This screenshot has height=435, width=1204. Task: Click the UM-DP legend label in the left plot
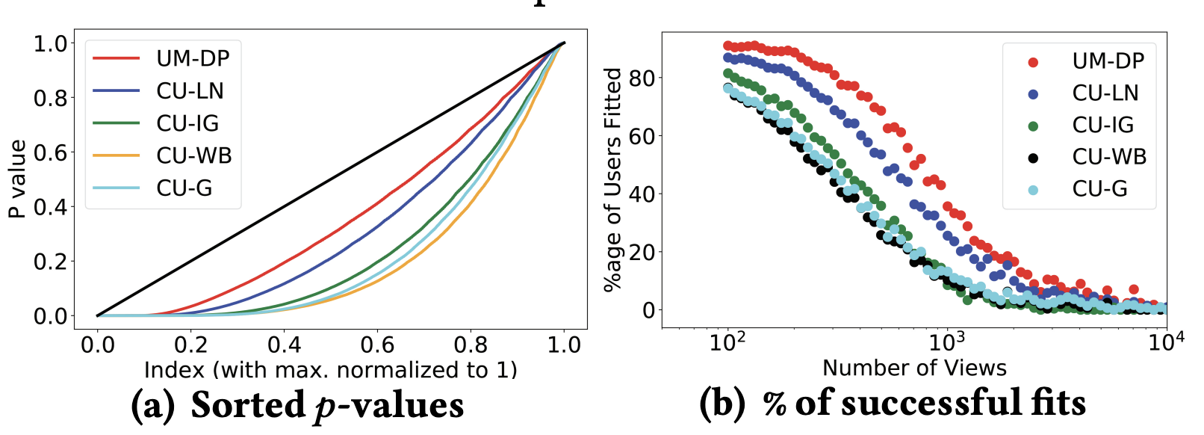(x=193, y=58)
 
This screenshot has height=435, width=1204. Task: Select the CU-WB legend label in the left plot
(x=194, y=155)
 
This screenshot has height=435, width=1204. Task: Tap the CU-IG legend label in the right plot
(x=1103, y=125)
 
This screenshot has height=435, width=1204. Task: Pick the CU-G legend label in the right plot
(x=1099, y=189)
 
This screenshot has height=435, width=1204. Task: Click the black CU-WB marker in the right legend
(x=1033, y=158)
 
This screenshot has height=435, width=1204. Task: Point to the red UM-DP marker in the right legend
(x=1033, y=62)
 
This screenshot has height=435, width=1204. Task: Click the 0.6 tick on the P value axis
(x=50, y=152)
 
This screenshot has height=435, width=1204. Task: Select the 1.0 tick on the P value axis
(x=50, y=43)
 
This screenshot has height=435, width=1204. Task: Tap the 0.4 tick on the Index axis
(x=284, y=345)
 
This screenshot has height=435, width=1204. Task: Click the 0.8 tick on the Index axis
(x=471, y=345)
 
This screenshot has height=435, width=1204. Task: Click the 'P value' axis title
(x=17, y=179)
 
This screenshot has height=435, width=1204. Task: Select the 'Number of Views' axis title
(x=914, y=368)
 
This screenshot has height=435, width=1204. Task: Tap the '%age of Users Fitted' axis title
(x=613, y=179)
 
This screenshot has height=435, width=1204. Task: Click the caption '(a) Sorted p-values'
(x=297, y=405)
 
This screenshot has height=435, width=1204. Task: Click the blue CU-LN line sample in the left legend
(x=116, y=91)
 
